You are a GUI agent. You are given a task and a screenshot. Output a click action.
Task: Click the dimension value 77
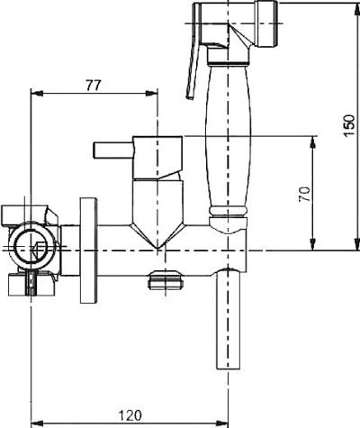click(x=94, y=86)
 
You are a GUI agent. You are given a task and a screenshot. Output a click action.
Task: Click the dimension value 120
click(x=130, y=415)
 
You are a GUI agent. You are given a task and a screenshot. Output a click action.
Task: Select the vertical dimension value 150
click(x=349, y=125)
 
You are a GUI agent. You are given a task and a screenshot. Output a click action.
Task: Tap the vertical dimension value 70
click(x=304, y=194)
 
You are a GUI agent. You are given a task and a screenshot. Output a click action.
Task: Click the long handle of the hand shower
click(x=228, y=138)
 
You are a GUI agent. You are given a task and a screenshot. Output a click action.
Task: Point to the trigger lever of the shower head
click(x=193, y=51)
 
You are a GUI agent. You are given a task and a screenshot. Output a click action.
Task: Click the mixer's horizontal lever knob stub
click(x=113, y=150)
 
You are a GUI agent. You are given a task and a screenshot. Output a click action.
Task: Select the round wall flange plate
click(x=88, y=250)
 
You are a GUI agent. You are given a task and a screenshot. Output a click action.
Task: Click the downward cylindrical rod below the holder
click(x=229, y=319)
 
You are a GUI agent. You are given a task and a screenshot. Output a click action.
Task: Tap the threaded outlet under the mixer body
click(x=165, y=280)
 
